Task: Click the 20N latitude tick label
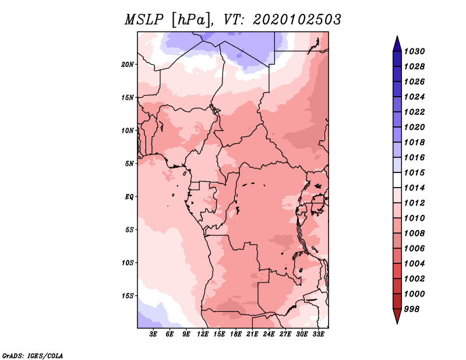[x=128, y=65]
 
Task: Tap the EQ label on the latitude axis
[x=129, y=197]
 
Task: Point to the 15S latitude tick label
[x=128, y=296]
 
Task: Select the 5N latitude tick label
[x=129, y=164]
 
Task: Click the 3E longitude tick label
[x=153, y=334]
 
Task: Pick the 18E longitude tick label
[x=236, y=334]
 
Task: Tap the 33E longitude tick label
[x=318, y=334]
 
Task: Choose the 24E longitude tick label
[x=269, y=334]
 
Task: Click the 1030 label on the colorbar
[x=415, y=51]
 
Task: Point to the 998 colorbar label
[x=412, y=309]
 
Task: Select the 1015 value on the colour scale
[x=415, y=172]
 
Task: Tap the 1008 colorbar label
[x=415, y=234]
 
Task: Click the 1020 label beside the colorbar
[x=415, y=127]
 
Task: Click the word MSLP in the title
[x=144, y=20]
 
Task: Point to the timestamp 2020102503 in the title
[x=297, y=20]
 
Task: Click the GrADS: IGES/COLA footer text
[x=33, y=356]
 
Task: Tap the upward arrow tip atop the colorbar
[x=397, y=36]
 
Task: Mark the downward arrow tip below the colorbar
[x=397, y=323]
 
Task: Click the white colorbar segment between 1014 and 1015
[x=397, y=180]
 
